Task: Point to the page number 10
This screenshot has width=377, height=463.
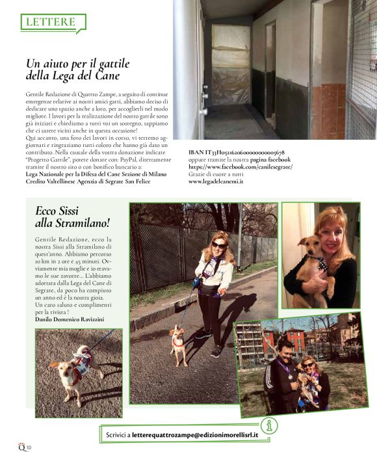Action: pyautogui.click(x=29, y=447)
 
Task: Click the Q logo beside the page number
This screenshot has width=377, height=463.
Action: pyautogui.click(x=21, y=446)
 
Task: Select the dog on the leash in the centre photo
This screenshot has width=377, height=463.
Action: pyautogui.click(x=177, y=344)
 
